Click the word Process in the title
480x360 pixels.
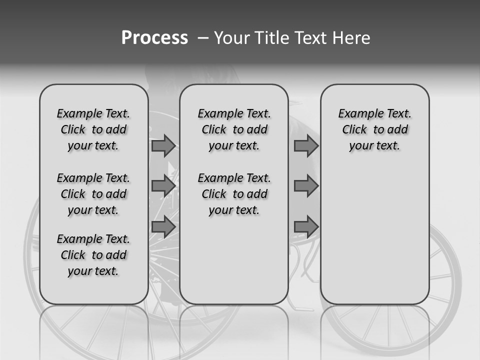tap(154, 38)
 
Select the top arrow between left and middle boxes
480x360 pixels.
tap(163, 146)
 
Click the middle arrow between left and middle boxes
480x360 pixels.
tap(163, 186)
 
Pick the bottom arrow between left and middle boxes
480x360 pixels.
tap(163, 226)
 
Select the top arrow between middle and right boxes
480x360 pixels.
tap(306, 146)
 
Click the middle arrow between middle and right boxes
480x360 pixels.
tap(306, 186)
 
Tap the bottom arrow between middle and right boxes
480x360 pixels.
tap(306, 226)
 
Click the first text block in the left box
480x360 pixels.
tap(93, 129)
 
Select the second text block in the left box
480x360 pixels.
tap(93, 194)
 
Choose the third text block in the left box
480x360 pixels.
tap(93, 255)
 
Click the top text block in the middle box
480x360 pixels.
tap(234, 129)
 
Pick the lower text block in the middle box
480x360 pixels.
tap(234, 194)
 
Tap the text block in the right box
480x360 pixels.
tap(374, 129)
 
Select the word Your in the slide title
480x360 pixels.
tap(227, 38)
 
